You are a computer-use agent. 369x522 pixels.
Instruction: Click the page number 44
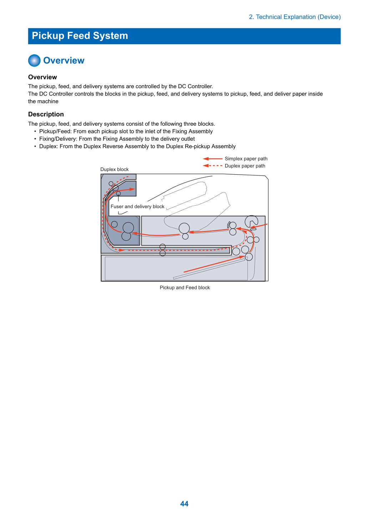[184, 503]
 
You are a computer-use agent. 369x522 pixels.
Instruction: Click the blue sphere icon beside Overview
[34, 60]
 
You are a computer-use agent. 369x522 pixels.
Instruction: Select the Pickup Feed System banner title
[80, 36]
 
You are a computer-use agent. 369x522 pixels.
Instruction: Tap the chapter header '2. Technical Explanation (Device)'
[295, 17]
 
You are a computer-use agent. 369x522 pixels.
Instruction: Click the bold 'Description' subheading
[46, 114]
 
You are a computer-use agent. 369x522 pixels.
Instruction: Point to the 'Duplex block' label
[115, 169]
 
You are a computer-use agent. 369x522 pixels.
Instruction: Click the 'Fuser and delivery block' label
[137, 206]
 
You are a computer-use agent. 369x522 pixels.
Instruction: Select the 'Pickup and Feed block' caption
[185, 287]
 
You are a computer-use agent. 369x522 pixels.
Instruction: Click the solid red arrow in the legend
[212, 159]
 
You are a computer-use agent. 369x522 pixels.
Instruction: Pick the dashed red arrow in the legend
[212, 166]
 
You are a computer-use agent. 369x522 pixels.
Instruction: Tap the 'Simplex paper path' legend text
[246, 159]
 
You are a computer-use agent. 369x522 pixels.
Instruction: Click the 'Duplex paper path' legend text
[245, 166]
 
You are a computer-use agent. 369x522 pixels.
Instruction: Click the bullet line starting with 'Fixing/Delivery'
[117, 139]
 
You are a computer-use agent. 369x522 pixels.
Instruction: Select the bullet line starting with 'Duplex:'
[137, 146]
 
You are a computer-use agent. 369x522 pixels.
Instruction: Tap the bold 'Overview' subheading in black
[42, 77]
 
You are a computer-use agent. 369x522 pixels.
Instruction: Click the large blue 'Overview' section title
[64, 60]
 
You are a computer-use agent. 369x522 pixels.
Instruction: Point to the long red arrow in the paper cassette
[214, 264]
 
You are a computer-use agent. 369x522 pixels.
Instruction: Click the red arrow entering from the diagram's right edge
[259, 226]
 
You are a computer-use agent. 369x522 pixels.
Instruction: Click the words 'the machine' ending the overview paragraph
[43, 101]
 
